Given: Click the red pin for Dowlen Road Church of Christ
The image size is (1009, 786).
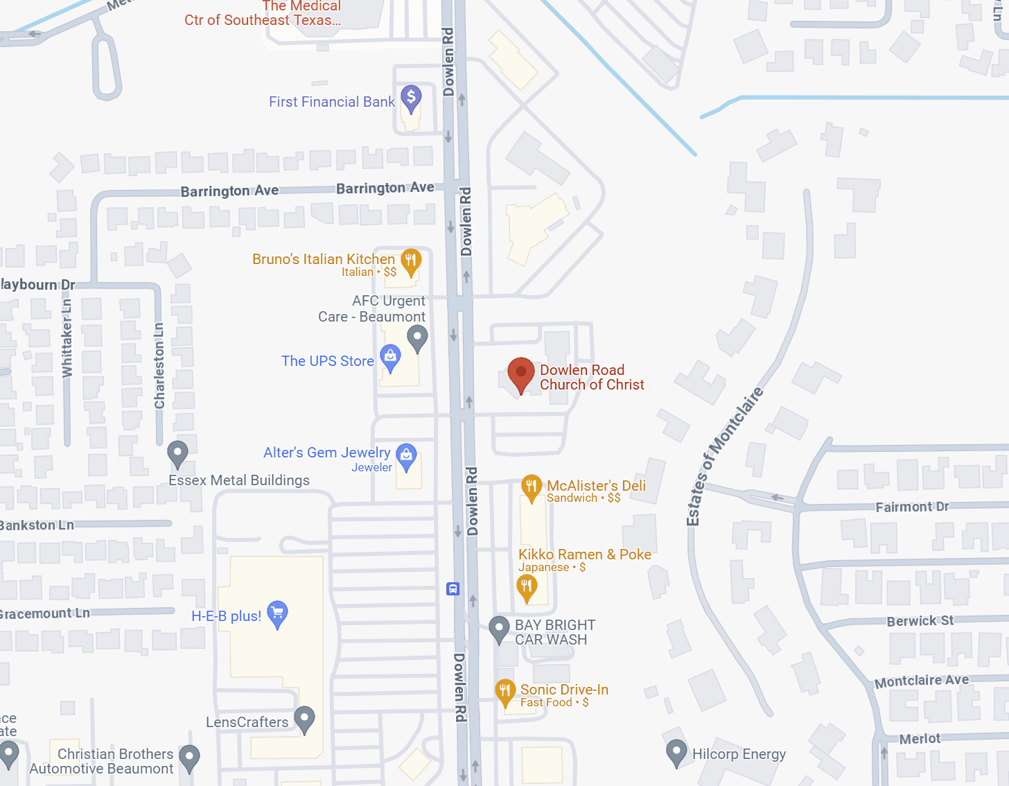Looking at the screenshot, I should pyautogui.click(x=520, y=372).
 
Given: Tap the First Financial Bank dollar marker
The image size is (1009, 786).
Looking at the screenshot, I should pyautogui.click(x=411, y=99).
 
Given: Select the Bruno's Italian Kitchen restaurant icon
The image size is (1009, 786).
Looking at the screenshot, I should pyautogui.click(x=411, y=261).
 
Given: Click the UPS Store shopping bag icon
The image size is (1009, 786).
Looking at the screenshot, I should pyautogui.click(x=390, y=358).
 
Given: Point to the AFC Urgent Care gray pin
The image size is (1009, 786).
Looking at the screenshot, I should pyautogui.click(x=417, y=338).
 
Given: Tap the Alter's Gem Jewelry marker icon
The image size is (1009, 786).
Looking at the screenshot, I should pyautogui.click(x=406, y=455).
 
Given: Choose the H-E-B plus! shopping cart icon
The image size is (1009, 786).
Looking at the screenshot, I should pyautogui.click(x=277, y=613).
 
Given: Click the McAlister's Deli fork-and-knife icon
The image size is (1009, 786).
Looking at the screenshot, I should pyautogui.click(x=532, y=487).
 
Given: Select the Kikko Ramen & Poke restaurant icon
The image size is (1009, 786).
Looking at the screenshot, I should pyautogui.click(x=527, y=588).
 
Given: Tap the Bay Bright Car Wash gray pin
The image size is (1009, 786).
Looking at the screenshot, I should pyautogui.click(x=499, y=628).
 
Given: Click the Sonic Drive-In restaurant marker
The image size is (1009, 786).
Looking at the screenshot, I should pyautogui.click(x=505, y=691).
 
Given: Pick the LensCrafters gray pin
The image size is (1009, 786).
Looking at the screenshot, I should pyautogui.click(x=304, y=718).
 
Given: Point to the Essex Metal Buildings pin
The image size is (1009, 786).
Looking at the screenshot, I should pyautogui.click(x=178, y=453).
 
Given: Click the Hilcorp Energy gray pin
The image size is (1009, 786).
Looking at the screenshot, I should pyautogui.click(x=676, y=752).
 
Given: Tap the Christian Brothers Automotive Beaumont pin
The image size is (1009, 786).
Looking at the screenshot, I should pyautogui.click(x=189, y=757).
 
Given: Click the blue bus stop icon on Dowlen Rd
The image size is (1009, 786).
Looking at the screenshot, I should pyautogui.click(x=453, y=589).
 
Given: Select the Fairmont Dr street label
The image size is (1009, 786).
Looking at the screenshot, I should pyautogui.click(x=912, y=507).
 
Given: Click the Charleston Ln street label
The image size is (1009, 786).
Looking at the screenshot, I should pyautogui.click(x=159, y=365).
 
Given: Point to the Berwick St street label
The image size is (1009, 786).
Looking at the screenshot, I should pyautogui.click(x=920, y=621).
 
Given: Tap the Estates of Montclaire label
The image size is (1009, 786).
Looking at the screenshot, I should pyautogui.click(x=724, y=456).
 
